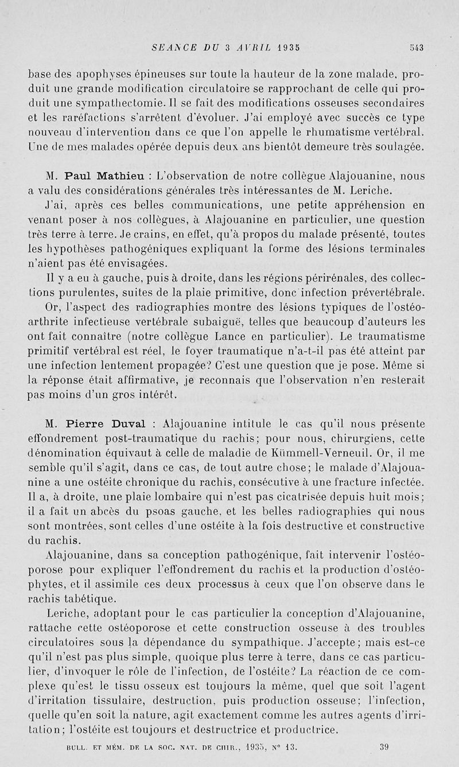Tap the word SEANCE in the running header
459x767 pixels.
[x=171, y=48]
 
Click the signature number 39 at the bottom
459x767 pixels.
[x=384, y=746]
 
